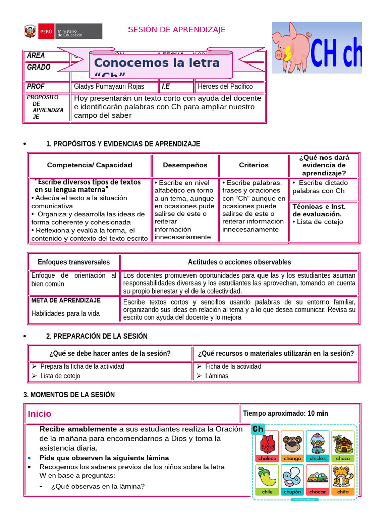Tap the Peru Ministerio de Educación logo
click(62, 31)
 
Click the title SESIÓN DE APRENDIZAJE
click(176, 30)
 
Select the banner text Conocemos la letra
click(157, 63)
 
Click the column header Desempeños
click(185, 165)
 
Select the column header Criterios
click(253, 165)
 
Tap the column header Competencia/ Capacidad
click(90, 165)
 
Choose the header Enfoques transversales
click(74, 262)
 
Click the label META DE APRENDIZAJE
click(66, 300)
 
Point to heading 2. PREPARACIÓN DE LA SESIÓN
click(97, 336)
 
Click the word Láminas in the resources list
click(217, 376)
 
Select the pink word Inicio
click(40, 414)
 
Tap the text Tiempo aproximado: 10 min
click(285, 413)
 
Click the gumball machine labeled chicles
click(317, 443)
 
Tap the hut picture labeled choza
click(343, 443)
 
